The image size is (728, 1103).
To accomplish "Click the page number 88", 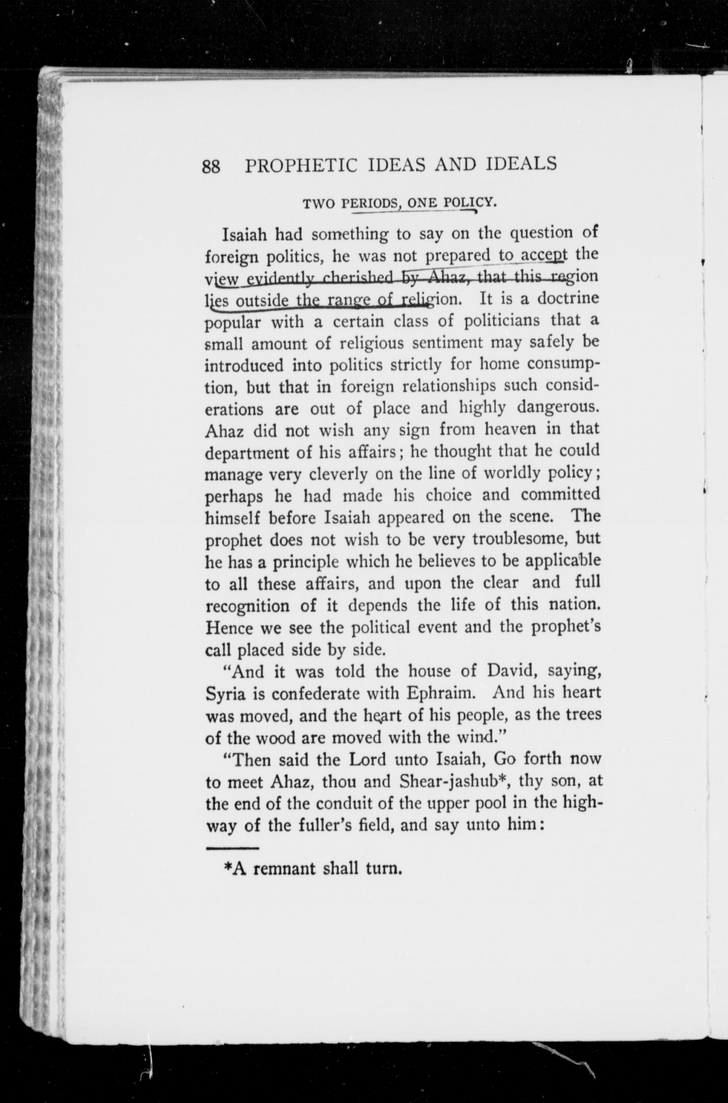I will [211, 166].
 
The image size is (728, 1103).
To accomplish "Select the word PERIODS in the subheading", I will [373, 203].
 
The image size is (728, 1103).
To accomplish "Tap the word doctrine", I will [568, 299].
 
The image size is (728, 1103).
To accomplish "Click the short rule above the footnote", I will [232, 848].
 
